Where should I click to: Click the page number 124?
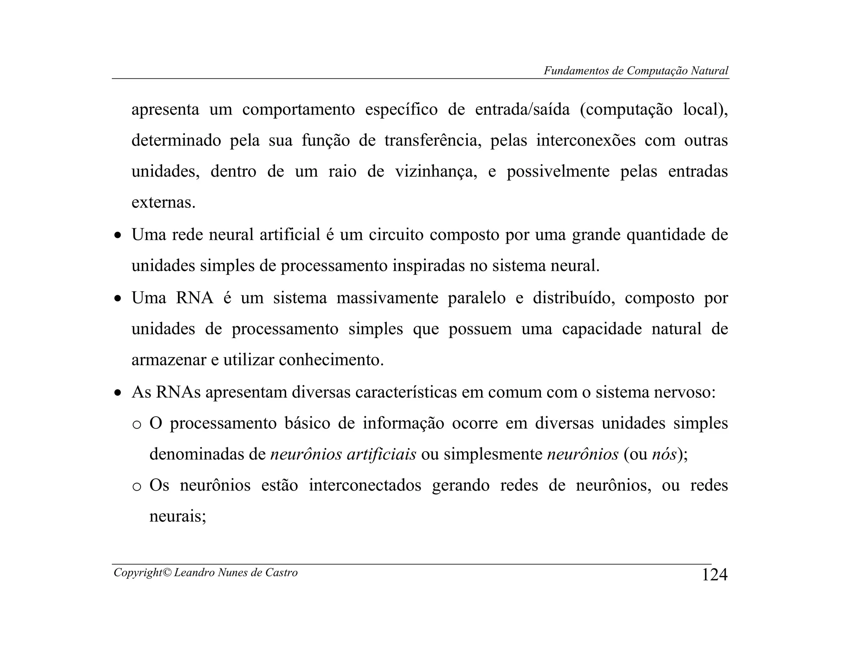click(714, 574)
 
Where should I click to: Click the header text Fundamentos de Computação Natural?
click(636, 71)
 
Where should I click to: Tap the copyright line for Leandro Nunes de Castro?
click(205, 572)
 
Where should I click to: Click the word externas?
click(163, 203)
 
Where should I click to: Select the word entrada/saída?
click(522, 110)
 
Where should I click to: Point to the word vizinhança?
click(436, 171)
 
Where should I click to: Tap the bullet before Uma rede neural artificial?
click(118, 236)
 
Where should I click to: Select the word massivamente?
click(387, 298)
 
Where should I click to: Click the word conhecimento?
click(331, 360)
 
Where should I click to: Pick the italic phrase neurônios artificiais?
click(343, 454)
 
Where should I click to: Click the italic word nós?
click(664, 454)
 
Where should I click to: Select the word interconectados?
click(365, 486)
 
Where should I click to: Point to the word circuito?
click(396, 235)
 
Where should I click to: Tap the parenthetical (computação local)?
click(654, 110)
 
